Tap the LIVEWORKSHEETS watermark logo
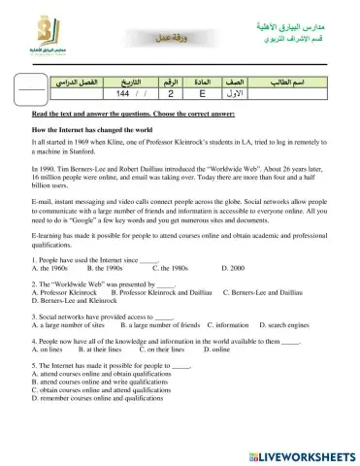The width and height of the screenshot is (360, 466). pos(302,453)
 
